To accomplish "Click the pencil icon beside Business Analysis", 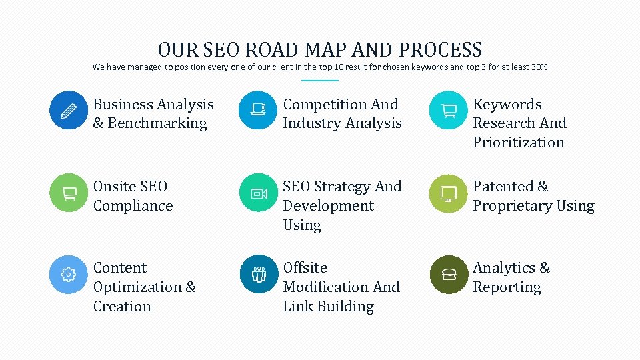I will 69,110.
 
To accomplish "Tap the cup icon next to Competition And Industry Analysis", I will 258,110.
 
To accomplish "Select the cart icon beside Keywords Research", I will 449,110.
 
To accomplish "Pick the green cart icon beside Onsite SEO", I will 69,193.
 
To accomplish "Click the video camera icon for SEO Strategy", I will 258,193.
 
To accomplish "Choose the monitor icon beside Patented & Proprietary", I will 449,193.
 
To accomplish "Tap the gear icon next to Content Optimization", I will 69,274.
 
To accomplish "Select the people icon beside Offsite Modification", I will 258,274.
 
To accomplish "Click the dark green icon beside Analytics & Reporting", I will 449,274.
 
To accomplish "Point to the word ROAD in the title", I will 273,50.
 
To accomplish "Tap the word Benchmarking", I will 157,123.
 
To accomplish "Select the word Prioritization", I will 519,143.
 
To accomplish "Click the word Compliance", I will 133,206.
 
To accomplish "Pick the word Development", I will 328,206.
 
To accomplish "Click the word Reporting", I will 507,287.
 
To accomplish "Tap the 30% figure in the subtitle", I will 539,67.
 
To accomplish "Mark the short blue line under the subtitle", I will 320,81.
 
